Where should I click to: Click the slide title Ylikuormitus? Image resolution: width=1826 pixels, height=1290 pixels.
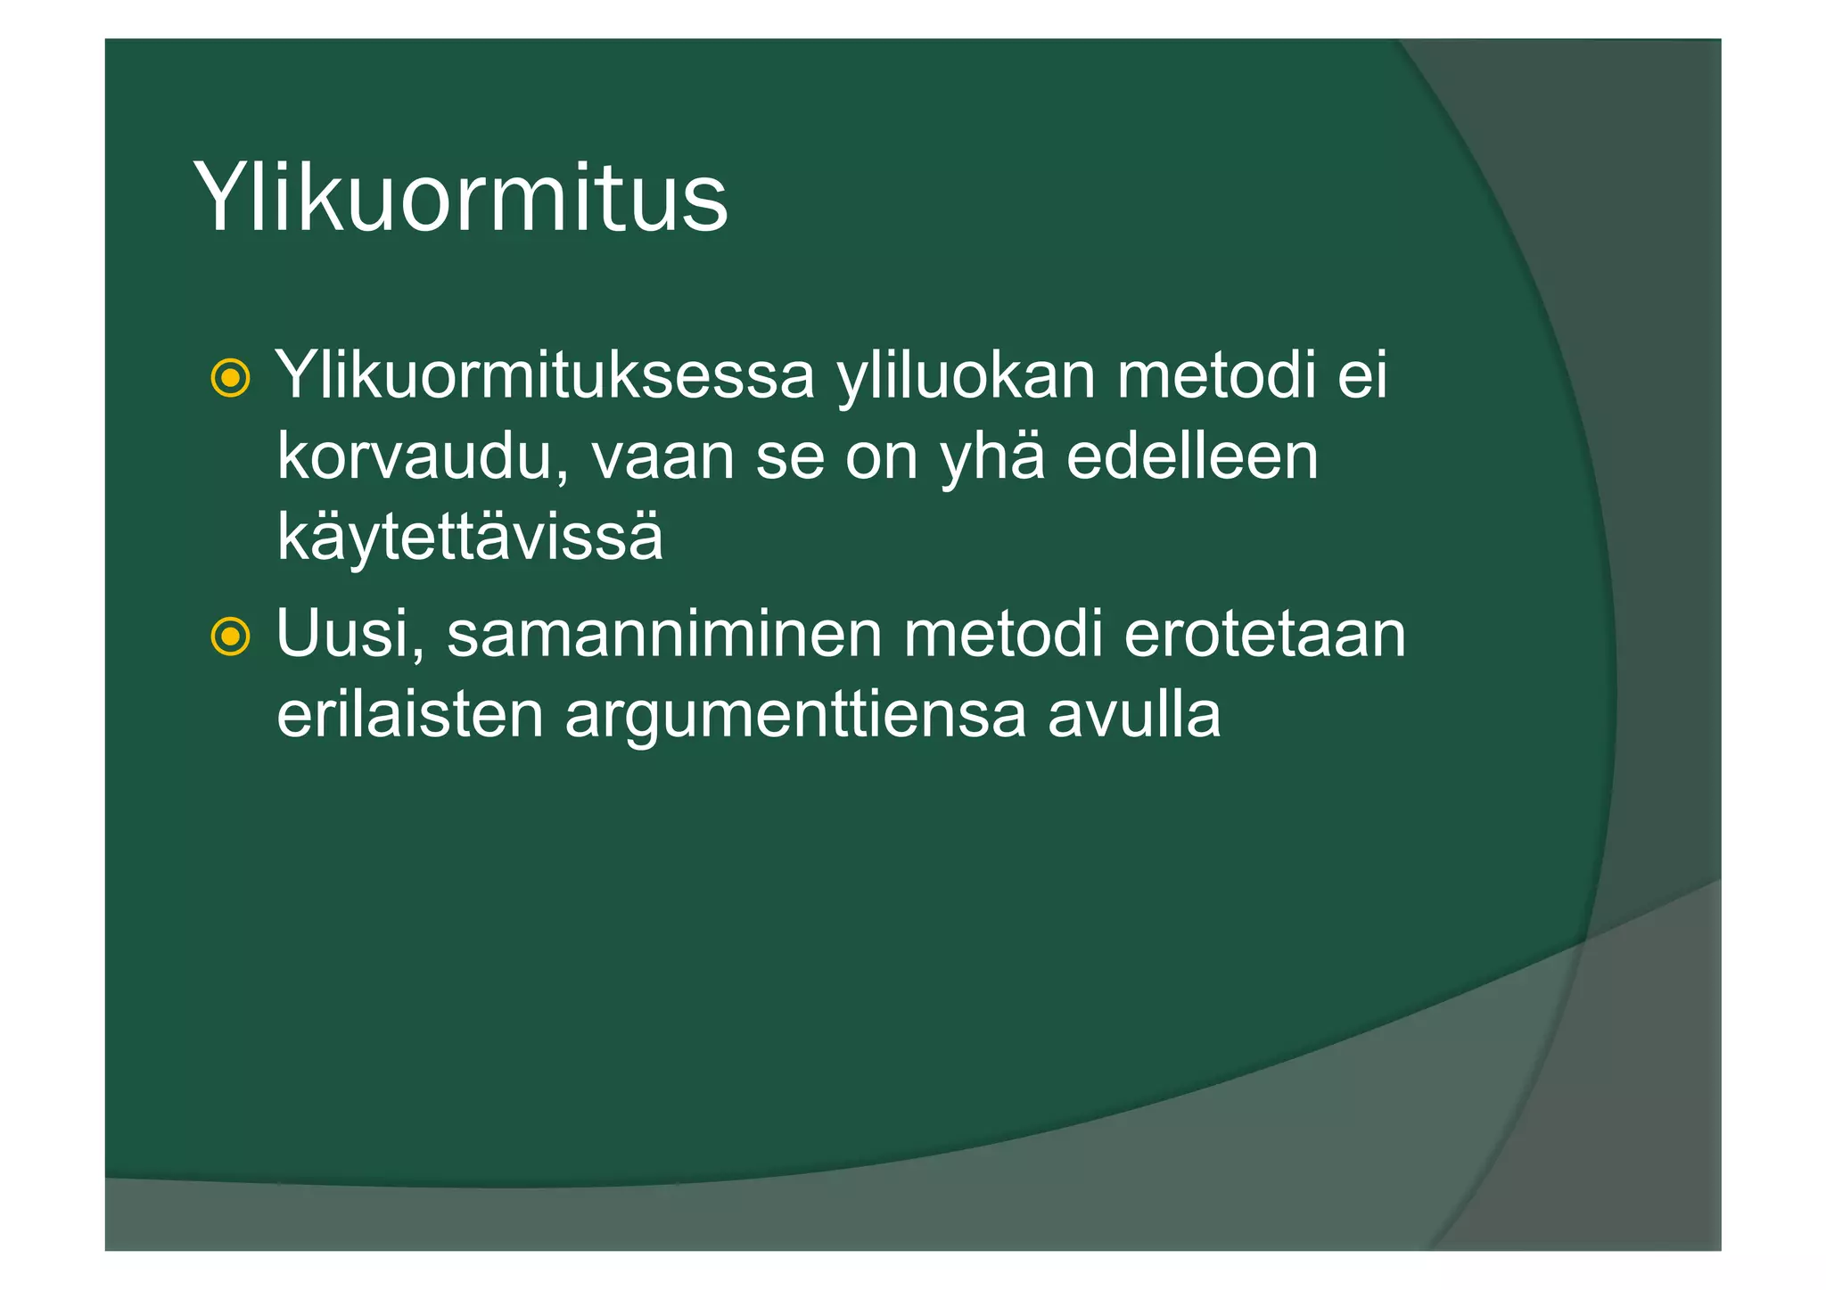(x=460, y=198)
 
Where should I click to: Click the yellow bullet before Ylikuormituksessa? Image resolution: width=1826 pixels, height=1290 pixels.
(x=230, y=378)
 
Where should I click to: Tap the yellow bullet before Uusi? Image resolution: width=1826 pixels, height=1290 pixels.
(x=230, y=637)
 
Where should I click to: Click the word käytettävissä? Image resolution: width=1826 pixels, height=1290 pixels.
(x=470, y=538)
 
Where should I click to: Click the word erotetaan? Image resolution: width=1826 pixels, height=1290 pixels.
(x=1264, y=634)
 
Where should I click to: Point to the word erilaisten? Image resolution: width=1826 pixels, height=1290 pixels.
(x=409, y=715)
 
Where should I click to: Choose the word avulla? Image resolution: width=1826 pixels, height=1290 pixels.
(x=1133, y=715)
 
